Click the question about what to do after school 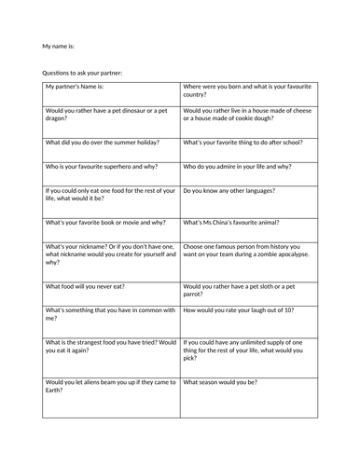point(244,143)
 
